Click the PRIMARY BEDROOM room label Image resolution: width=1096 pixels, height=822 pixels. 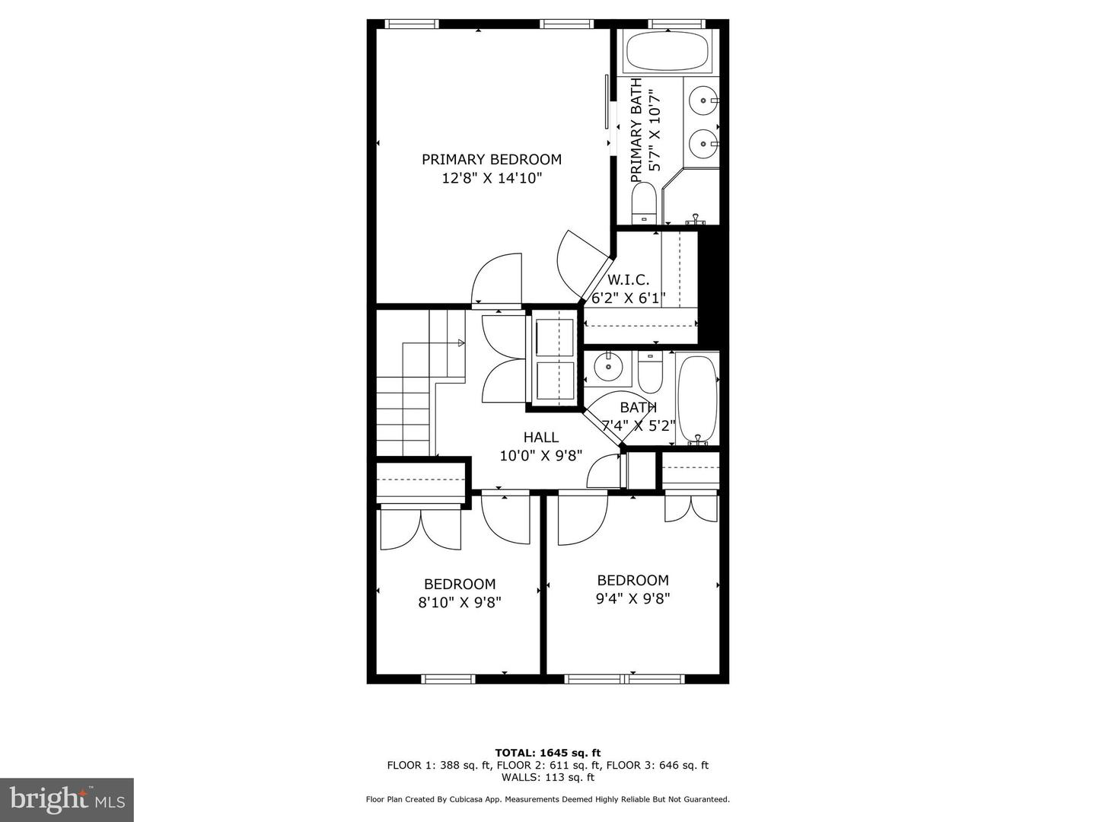click(x=492, y=159)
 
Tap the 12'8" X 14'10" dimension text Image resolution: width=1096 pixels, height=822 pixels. click(x=492, y=178)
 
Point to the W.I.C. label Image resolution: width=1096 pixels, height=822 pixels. click(x=628, y=279)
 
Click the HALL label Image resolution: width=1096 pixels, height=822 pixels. click(x=540, y=437)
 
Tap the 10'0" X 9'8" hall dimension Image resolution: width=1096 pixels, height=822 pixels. click(x=540, y=456)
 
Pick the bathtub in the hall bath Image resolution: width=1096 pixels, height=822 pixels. click(x=697, y=400)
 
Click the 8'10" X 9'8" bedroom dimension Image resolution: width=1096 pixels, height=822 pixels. click(x=460, y=602)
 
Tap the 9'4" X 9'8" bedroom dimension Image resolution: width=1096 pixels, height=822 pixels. click(x=632, y=598)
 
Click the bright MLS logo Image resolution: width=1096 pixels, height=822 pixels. click(x=67, y=799)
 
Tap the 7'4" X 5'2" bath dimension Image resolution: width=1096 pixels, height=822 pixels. click(x=639, y=425)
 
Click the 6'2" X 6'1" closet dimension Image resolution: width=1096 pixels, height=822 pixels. click(x=629, y=298)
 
